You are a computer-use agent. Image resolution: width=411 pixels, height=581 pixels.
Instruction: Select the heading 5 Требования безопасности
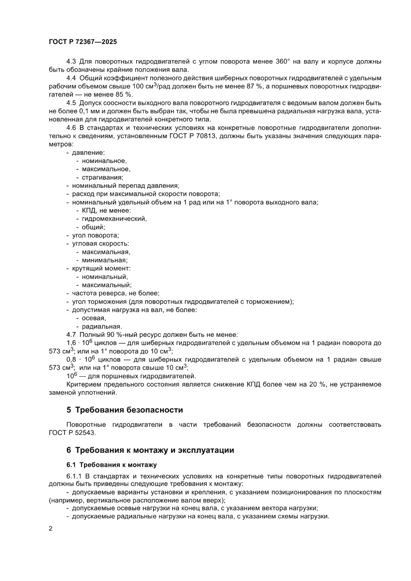pyautogui.click(x=125, y=410)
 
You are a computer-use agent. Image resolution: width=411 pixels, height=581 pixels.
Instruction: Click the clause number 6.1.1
pyautogui.click(x=75, y=475)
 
